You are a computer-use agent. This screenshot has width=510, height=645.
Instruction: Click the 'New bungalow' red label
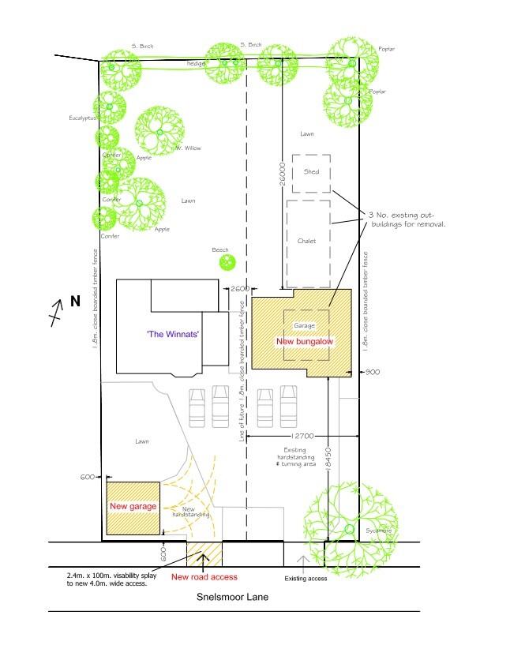[300, 341]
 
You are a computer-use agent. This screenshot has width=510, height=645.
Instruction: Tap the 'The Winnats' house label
[173, 335]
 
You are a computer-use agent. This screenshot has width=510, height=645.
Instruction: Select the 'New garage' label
[133, 506]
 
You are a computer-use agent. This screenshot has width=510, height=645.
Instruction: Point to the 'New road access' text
[204, 577]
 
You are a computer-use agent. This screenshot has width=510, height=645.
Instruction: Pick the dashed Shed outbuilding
[311, 173]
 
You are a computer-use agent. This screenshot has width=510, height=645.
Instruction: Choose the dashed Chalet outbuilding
[307, 242]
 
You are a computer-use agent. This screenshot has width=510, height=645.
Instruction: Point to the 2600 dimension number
[239, 289]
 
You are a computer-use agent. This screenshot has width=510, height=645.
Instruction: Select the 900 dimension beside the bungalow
[374, 371]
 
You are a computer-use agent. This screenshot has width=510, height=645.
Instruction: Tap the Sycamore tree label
[378, 531]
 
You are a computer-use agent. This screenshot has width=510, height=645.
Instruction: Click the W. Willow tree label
[189, 148]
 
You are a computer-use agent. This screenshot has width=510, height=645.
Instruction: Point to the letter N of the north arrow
[75, 302]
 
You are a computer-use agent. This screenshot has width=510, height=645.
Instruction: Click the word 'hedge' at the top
[196, 62]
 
